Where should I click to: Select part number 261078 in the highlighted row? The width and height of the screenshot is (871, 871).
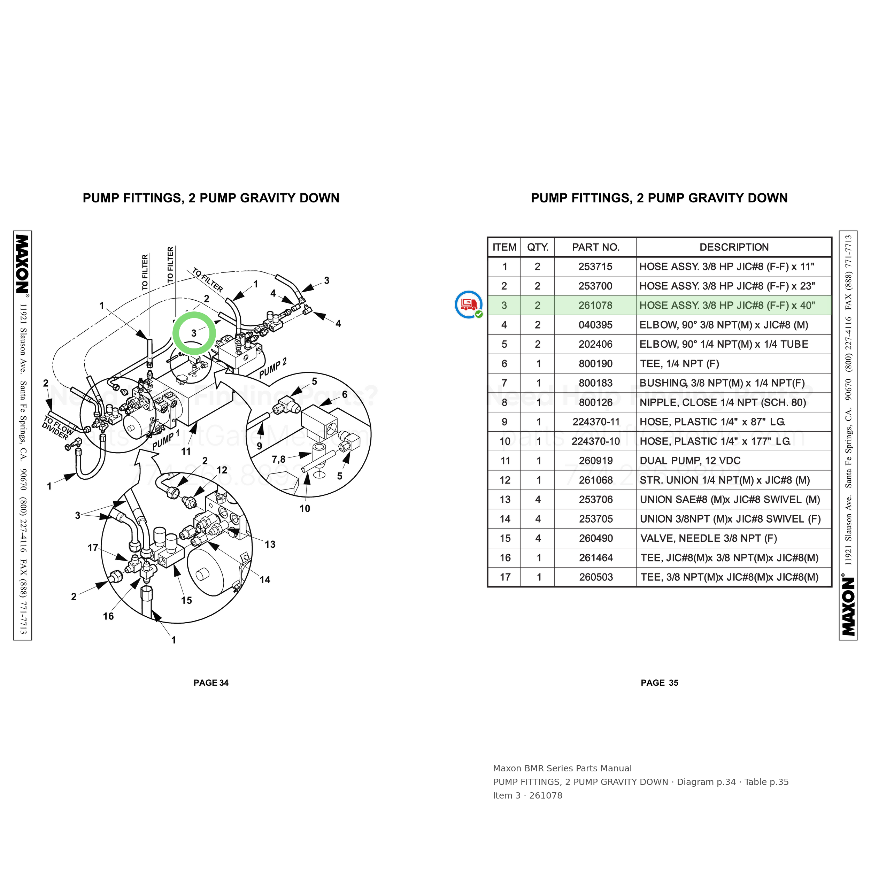point(595,305)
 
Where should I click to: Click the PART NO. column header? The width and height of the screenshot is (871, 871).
point(595,247)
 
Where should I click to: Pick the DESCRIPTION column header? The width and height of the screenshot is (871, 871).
point(734,247)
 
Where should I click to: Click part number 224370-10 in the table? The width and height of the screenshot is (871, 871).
point(595,441)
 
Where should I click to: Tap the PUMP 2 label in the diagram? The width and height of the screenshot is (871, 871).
point(273,369)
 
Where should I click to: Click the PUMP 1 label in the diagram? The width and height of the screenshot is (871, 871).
point(166,440)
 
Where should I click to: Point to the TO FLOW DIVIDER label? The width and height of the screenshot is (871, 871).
point(58,428)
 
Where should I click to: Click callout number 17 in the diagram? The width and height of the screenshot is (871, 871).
point(93,548)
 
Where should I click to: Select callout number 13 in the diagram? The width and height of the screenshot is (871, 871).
point(270,545)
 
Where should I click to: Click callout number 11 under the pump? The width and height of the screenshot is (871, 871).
point(186,451)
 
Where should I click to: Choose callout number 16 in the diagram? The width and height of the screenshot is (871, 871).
point(108,616)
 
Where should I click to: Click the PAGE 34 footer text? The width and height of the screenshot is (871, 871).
point(211,683)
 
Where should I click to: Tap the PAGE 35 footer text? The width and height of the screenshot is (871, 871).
point(660,683)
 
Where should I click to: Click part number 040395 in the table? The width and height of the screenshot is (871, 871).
point(595,325)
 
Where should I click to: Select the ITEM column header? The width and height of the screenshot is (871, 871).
point(504,247)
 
